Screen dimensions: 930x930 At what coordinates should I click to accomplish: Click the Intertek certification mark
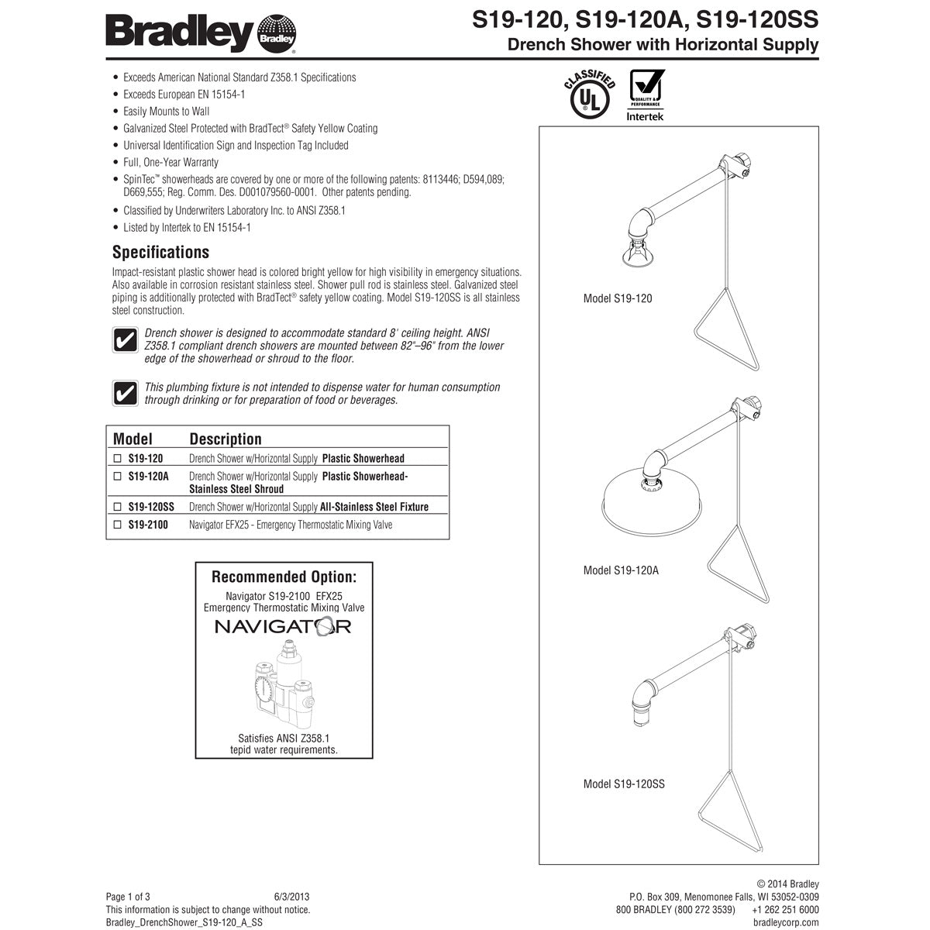645,95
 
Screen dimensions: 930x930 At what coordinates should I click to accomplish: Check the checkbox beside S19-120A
118,477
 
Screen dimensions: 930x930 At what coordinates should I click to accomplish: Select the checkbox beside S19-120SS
118,507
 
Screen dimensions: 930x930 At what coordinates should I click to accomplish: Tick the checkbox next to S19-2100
118,525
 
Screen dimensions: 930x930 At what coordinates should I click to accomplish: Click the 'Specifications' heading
160,252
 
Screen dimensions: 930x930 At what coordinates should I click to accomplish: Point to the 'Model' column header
133,439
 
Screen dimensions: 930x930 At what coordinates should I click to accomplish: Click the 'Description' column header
226,439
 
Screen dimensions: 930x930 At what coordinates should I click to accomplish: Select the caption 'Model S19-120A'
621,570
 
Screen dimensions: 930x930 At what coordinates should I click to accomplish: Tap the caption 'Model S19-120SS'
624,784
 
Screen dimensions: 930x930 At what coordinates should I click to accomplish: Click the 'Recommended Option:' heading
284,577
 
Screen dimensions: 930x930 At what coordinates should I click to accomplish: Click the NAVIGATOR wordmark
283,626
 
